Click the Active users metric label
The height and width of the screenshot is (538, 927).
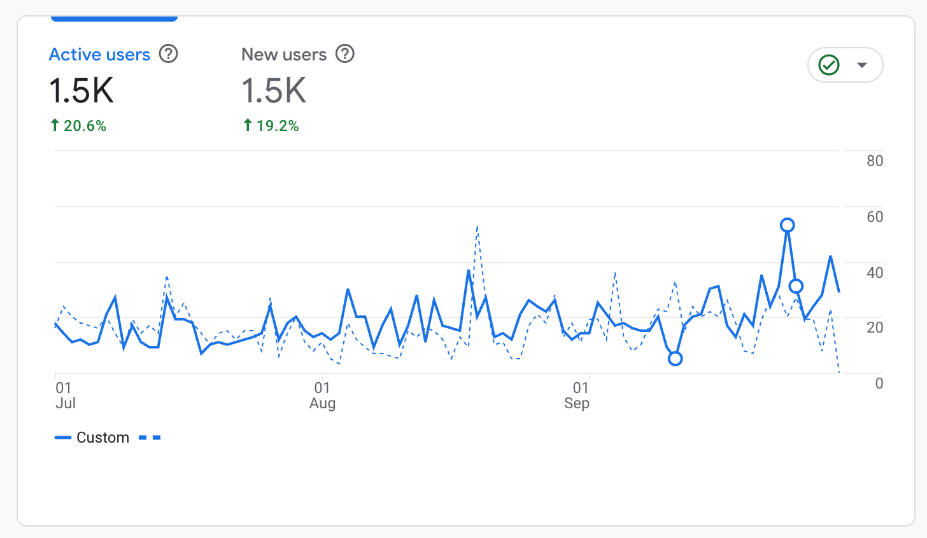point(99,55)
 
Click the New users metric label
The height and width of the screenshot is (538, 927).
point(284,55)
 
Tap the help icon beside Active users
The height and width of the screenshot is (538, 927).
point(168,54)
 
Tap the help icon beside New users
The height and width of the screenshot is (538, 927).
point(344,54)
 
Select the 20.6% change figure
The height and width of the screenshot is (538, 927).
point(84,126)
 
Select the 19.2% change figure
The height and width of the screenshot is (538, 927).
point(277,126)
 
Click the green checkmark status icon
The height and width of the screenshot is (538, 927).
point(829,65)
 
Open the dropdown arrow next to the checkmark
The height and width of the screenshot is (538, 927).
point(862,65)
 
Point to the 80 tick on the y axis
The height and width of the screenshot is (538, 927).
point(874,161)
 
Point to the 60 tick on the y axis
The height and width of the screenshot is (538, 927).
point(874,217)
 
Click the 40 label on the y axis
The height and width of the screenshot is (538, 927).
point(874,272)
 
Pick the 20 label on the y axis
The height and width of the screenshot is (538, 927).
point(874,328)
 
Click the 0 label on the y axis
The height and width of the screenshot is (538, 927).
point(879,383)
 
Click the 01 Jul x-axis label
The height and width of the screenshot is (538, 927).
point(65,395)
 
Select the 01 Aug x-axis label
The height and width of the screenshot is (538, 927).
point(322,395)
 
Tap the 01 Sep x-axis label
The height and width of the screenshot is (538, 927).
point(577,395)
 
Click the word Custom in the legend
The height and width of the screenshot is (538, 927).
point(103,438)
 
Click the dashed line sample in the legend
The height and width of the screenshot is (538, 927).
point(150,438)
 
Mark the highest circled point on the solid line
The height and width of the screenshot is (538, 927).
point(788,225)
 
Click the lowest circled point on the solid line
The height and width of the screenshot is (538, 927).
point(676,359)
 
